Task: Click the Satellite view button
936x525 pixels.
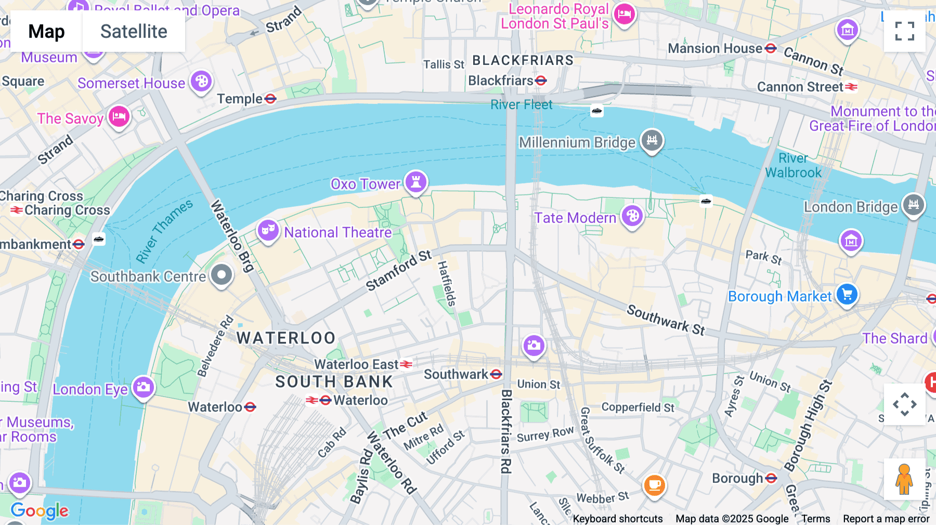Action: pyautogui.click(x=134, y=32)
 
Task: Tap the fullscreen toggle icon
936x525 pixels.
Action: pyautogui.click(x=905, y=31)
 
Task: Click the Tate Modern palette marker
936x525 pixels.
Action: pyautogui.click(x=632, y=216)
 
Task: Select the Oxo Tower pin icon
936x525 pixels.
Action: pyautogui.click(x=416, y=182)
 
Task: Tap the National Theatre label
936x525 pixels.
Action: pyautogui.click(x=337, y=232)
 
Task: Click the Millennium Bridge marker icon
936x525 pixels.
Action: pyautogui.click(x=652, y=140)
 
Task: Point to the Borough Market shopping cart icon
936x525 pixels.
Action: pyautogui.click(x=847, y=295)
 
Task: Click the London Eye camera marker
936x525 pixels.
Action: pyautogui.click(x=144, y=387)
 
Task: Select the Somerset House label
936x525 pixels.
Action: pyautogui.click(x=131, y=83)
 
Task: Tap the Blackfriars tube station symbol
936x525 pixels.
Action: pyautogui.click(x=541, y=81)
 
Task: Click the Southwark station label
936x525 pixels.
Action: pyautogui.click(x=456, y=374)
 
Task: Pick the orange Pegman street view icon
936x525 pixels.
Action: pyautogui.click(x=904, y=479)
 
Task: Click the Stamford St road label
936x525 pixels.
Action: pyautogui.click(x=399, y=270)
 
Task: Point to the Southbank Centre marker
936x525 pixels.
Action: pyautogui.click(x=222, y=274)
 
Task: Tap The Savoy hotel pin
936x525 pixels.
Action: pyautogui.click(x=119, y=116)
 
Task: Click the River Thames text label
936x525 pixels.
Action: pyautogui.click(x=164, y=231)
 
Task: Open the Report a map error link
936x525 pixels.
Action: pyautogui.click(x=886, y=519)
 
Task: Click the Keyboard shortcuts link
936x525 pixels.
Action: pyautogui.click(x=618, y=519)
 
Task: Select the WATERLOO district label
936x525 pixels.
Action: pyautogui.click(x=286, y=338)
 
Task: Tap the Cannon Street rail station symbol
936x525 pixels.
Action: pyautogui.click(x=851, y=87)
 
